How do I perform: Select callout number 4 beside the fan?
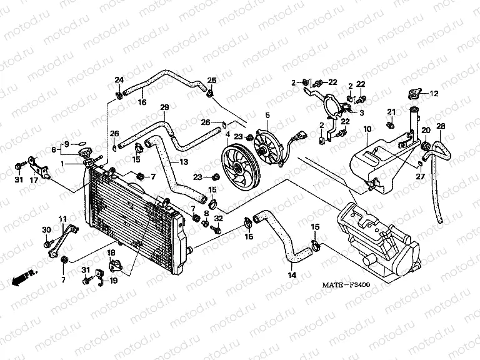point(227,134)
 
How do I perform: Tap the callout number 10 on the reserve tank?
point(367,129)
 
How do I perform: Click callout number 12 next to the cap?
point(433,94)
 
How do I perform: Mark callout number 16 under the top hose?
point(142,102)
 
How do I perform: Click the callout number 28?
point(441,127)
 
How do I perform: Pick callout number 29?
point(164,107)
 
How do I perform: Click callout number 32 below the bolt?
point(218,218)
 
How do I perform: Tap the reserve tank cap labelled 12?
point(414,95)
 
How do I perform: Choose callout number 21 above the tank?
point(391,112)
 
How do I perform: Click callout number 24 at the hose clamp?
point(119,79)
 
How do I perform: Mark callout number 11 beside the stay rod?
point(62,218)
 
